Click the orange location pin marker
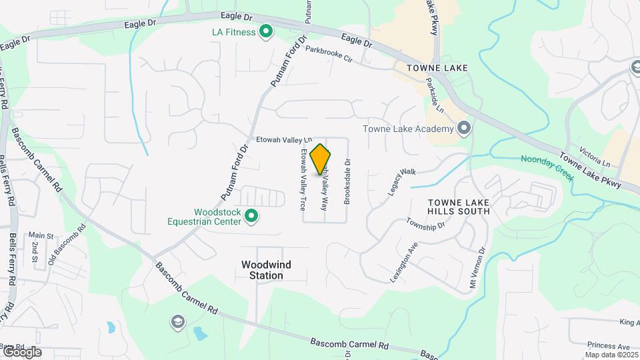click(x=321, y=159)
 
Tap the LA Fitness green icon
click(x=266, y=31)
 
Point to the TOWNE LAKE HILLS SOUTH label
click(x=459, y=206)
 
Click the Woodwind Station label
click(x=266, y=270)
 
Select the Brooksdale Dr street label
click(x=347, y=181)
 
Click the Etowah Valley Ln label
click(x=284, y=140)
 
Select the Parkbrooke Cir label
click(x=328, y=54)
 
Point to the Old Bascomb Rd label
click(x=68, y=244)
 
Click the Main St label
click(x=41, y=235)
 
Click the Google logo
click(x=22, y=352)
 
